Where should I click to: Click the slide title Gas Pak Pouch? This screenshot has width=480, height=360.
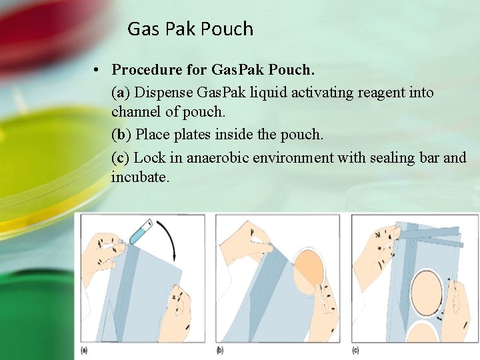click(190, 29)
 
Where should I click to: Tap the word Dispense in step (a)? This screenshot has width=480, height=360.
click(165, 92)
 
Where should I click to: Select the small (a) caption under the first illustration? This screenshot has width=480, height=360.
click(84, 350)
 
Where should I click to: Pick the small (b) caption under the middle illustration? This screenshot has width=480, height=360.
click(219, 350)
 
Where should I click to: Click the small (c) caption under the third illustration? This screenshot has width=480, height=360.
click(355, 350)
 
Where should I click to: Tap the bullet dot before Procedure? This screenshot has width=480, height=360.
click(97, 70)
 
